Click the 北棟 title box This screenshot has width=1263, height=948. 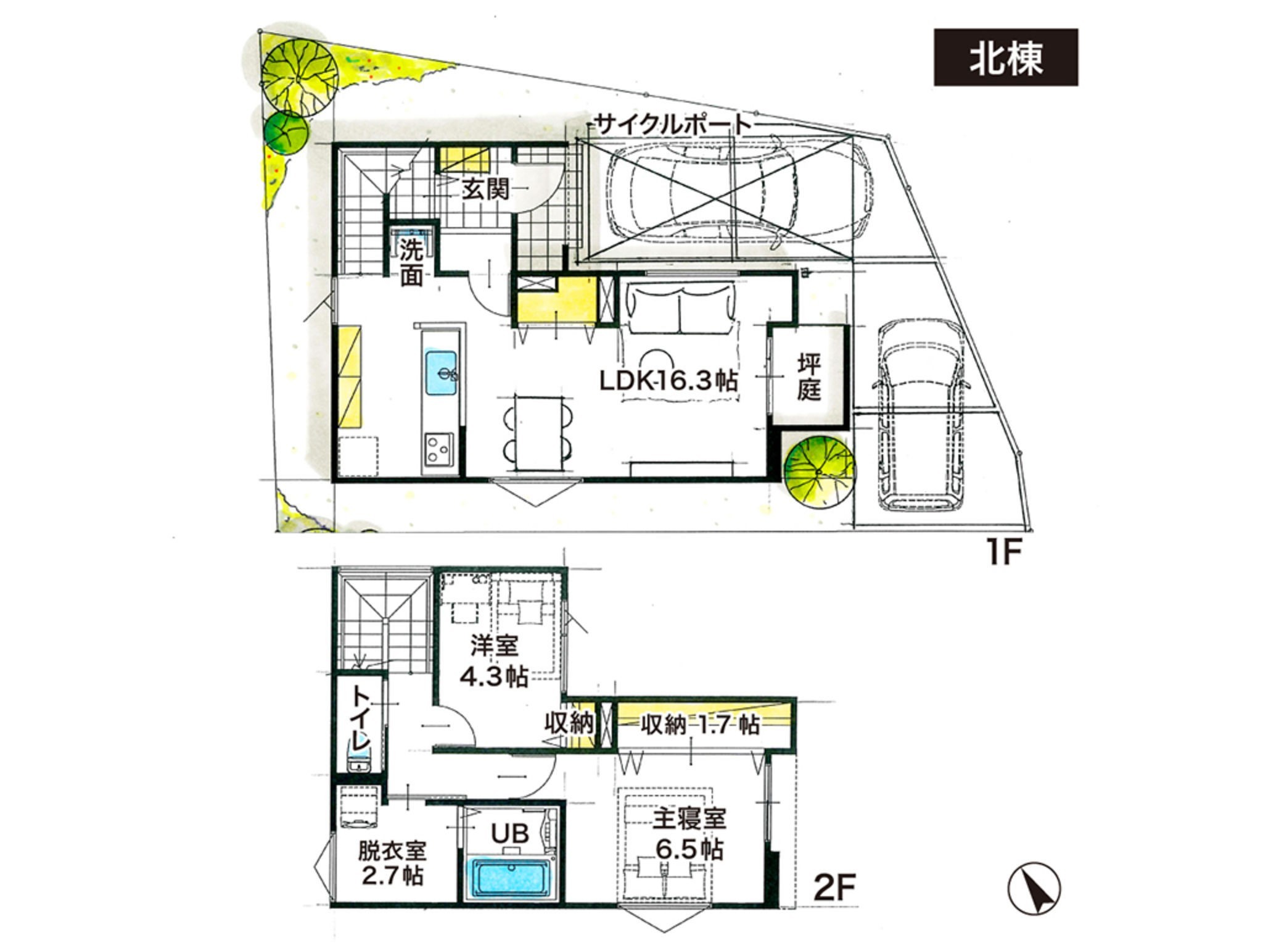point(1006,57)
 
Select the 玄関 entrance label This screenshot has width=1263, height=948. point(486,190)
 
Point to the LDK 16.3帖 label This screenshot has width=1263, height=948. point(669,380)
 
